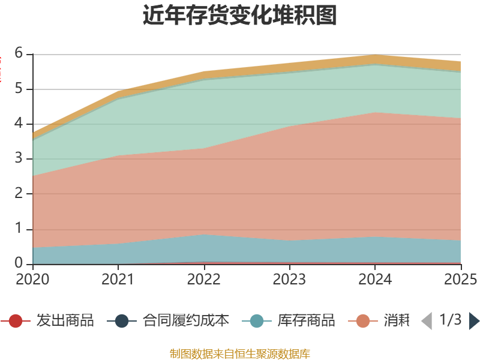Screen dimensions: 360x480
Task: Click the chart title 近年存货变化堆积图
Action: click(240, 16)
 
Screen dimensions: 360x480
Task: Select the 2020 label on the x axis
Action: click(32, 279)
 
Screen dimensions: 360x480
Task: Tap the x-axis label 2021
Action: click(118, 279)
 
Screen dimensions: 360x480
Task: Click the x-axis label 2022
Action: click(204, 279)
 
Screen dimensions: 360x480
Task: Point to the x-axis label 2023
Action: click(289, 279)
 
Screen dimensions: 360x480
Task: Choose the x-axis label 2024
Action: click(375, 279)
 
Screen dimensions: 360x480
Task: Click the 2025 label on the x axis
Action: click(460, 279)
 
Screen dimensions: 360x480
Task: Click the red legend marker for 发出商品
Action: click(16, 321)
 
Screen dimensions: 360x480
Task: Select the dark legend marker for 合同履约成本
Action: click(122, 321)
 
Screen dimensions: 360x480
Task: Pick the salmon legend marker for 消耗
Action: click(363, 321)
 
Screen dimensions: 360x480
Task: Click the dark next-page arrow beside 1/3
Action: click(474, 321)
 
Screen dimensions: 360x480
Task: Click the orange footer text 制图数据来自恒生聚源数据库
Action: click(240, 353)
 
